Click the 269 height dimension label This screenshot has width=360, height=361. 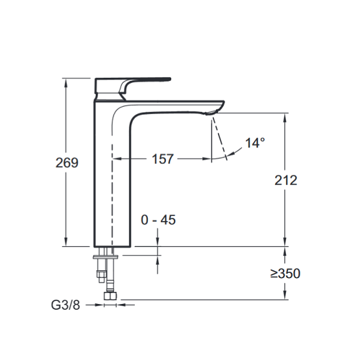coord(67,163)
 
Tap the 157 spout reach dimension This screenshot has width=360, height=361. coord(162,159)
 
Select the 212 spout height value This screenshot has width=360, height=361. coord(286,180)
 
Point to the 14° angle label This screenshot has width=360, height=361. coord(255,143)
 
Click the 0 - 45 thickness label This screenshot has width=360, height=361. coord(158,220)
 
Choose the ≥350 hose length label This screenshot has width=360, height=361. coord(285,274)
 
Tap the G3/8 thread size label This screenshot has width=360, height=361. coord(66,305)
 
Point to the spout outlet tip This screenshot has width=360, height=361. coord(210,113)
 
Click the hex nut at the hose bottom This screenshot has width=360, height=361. coord(110,296)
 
